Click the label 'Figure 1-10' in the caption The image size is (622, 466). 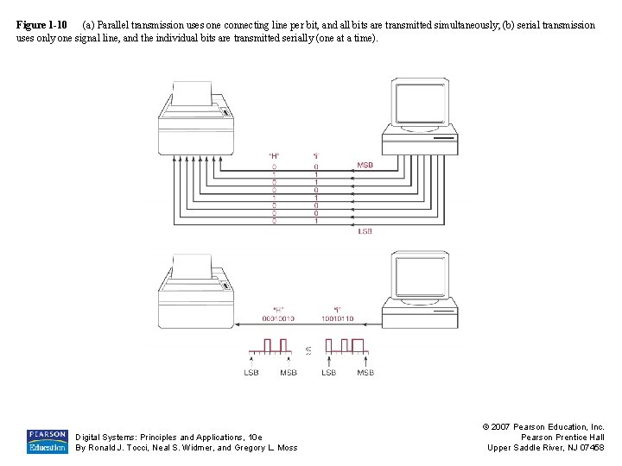[x=41, y=25]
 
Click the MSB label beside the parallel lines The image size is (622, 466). [x=365, y=165]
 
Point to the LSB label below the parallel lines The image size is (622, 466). [x=365, y=231]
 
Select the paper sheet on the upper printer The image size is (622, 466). [x=192, y=93]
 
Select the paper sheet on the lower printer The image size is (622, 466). [x=192, y=267]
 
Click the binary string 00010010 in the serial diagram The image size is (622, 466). [x=277, y=318]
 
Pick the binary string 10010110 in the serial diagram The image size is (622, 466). [x=336, y=318]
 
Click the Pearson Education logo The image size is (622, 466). [x=47, y=441]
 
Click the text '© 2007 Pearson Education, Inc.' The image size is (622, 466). [x=545, y=426]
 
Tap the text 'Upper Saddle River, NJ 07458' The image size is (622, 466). [x=546, y=447]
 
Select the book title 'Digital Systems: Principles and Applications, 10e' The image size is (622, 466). [x=168, y=438]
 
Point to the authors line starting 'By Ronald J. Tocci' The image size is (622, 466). [x=187, y=448]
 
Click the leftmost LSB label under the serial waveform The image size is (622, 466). [x=251, y=372]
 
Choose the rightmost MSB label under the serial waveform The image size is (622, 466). [x=365, y=372]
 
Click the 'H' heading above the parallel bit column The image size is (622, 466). [x=275, y=156]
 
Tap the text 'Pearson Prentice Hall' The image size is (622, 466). [x=562, y=437]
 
